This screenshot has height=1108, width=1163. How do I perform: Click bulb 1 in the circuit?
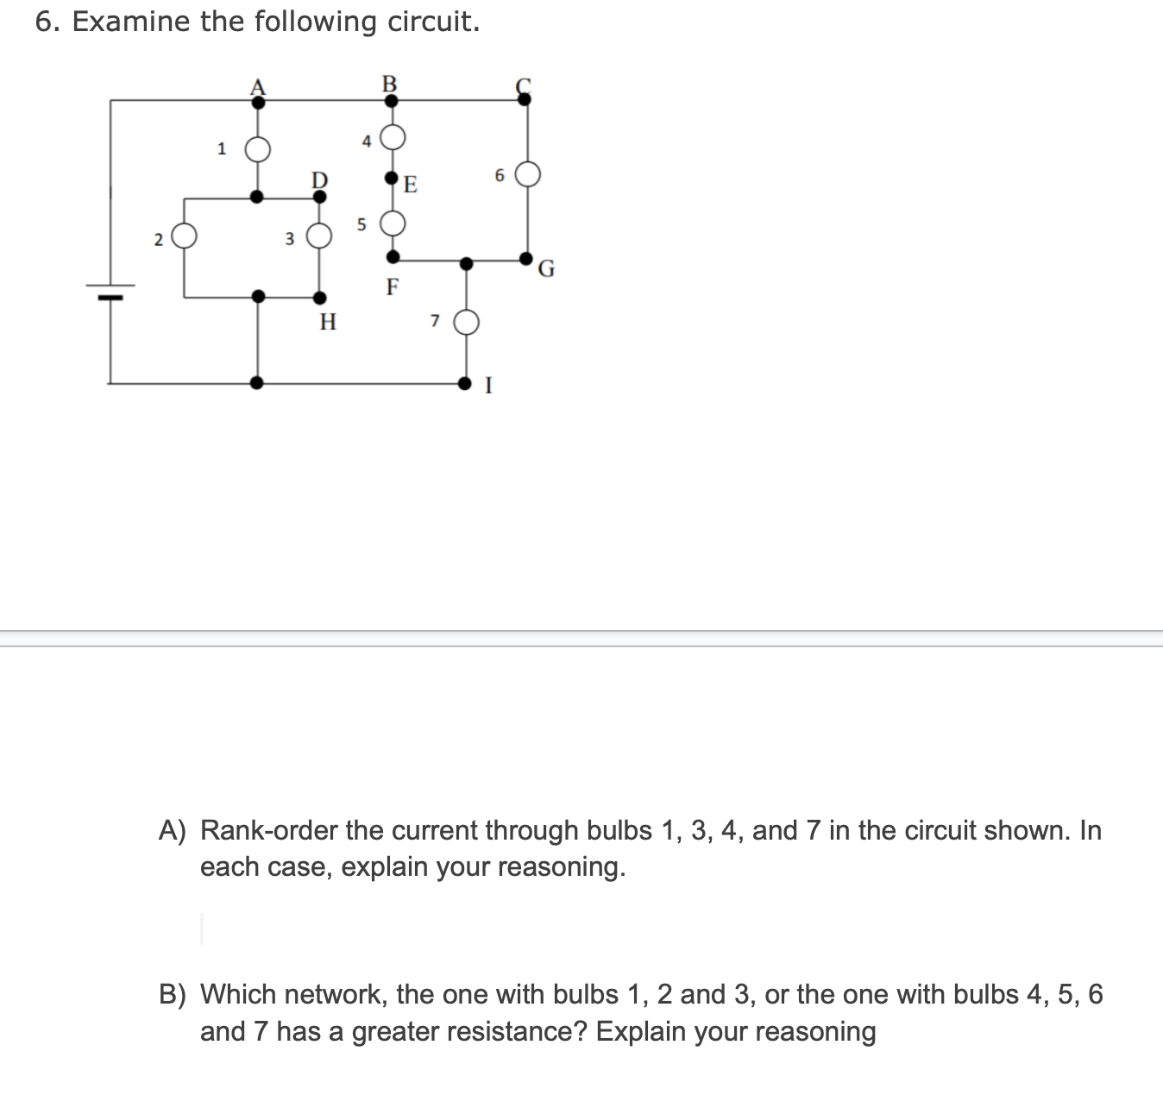click(x=257, y=149)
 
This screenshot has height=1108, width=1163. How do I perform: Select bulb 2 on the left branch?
click(x=184, y=236)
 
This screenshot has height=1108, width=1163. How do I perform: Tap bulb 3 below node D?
click(x=319, y=236)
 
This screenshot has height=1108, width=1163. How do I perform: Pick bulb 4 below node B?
click(x=393, y=136)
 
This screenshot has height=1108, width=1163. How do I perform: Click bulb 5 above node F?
click(x=393, y=223)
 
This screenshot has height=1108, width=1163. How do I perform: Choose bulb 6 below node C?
click(x=528, y=174)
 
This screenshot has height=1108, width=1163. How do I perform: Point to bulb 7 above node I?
click(x=466, y=323)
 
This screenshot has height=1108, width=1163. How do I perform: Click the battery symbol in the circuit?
click(x=110, y=291)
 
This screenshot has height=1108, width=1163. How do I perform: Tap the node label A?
click(x=257, y=86)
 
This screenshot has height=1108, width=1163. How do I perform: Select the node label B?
click(x=389, y=84)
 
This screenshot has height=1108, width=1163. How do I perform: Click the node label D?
click(x=319, y=179)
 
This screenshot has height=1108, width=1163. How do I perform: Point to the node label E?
click(x=411, y=185)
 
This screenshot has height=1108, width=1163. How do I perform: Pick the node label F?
click(x=393, y=286)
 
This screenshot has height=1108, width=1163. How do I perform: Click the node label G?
click(x=546, y=270)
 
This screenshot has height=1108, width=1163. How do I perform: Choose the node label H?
click(x=328, y=323)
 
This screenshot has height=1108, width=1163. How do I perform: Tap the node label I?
click(x=488, y=386)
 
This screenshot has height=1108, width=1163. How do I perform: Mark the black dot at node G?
click(x=526, y=258)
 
